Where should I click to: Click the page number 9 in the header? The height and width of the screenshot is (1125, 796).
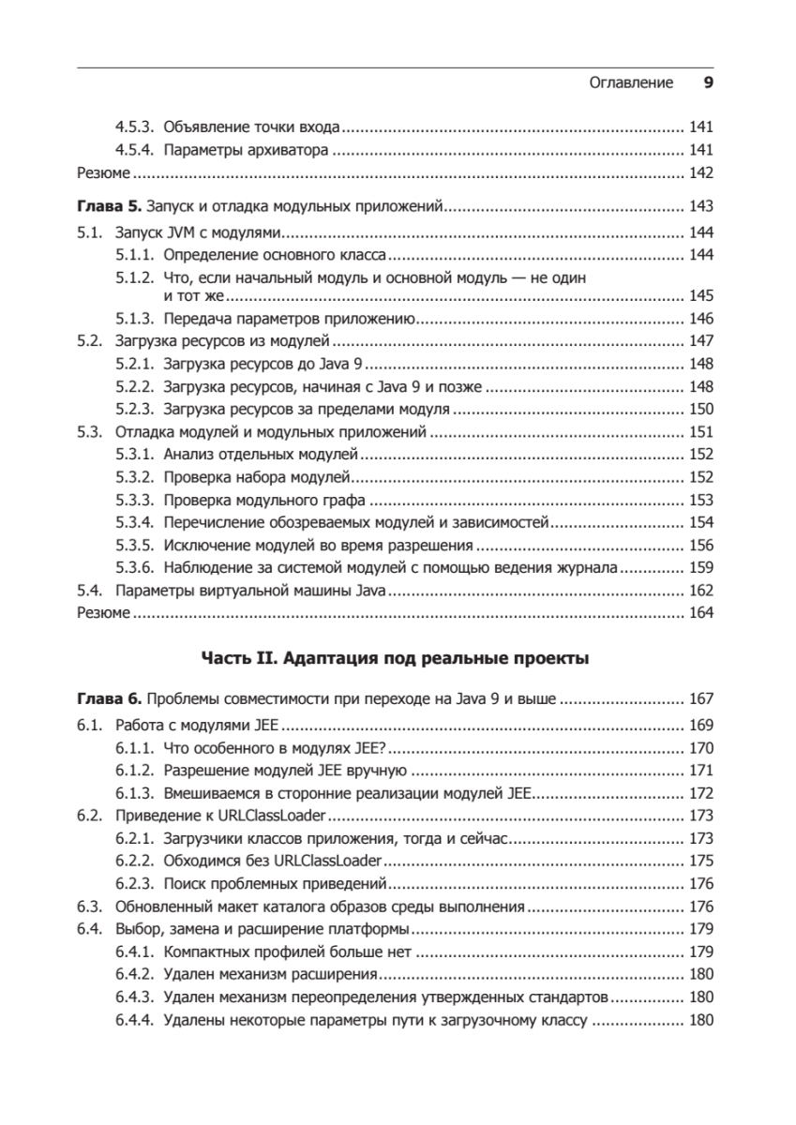pos(709,82)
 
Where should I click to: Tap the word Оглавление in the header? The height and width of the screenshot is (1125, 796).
pos(631,82)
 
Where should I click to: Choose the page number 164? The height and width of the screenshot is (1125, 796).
pos(701,613)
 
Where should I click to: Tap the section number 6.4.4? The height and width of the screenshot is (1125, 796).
pos(135,1021)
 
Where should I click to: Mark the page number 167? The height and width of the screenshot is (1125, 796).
pos(701,698)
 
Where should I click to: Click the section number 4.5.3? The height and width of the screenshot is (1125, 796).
pos(135,127)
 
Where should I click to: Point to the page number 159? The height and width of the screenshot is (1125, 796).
pos(701,567)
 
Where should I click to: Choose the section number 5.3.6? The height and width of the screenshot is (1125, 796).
pos(135,567)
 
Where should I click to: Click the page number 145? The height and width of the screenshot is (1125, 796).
pos(701,296)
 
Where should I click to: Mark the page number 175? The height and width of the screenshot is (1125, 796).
pos(701,861)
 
